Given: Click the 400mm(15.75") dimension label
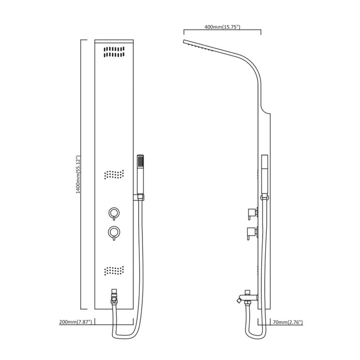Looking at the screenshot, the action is point(222,27).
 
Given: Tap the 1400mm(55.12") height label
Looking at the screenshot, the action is point(78,175).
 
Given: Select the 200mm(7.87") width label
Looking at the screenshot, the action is point(76,322).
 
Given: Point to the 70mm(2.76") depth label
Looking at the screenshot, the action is point(287,322).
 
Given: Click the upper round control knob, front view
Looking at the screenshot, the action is point(114,213).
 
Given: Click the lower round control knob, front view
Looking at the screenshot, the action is point(114,233).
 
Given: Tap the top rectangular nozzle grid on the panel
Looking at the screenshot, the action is point(114,52).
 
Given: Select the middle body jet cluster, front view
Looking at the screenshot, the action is point(114,175).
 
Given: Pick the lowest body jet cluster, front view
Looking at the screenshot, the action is point(114,271).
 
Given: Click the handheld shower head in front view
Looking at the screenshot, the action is point(140,175).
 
